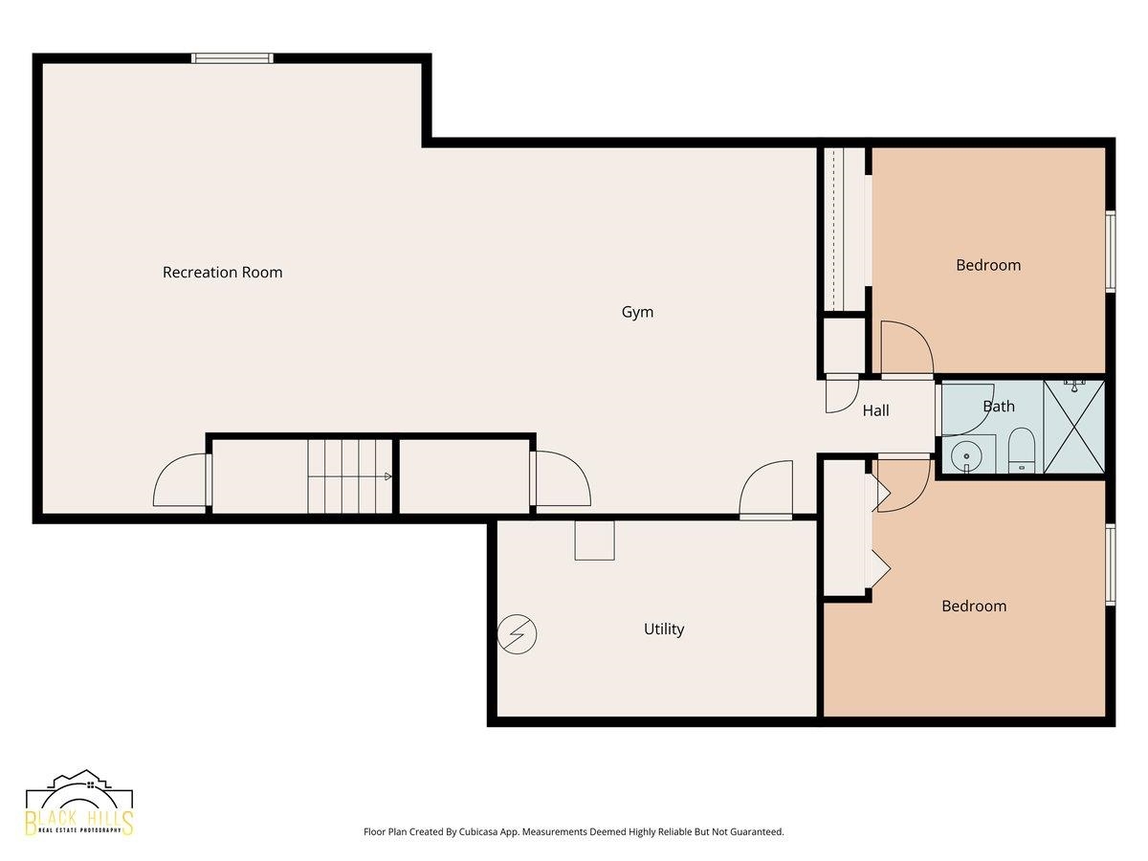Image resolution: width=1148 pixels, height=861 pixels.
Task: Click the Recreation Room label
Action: pos(222,273)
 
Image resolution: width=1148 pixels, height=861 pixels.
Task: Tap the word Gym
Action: pos(637,313)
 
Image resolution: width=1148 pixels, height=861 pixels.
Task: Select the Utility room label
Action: pos(664,629)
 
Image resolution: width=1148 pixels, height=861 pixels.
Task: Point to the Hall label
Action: pos(875,411)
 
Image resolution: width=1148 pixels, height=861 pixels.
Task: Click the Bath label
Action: pos(999,407)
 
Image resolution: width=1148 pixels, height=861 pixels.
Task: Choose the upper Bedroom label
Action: pos(988,265)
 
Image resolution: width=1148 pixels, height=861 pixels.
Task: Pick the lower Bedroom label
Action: pos(974,606)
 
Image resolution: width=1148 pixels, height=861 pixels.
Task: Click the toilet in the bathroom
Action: pos(1021,451)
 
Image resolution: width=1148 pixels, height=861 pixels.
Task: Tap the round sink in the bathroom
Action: pos(966,456)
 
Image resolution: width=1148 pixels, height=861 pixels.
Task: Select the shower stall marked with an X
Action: pos(1073,427)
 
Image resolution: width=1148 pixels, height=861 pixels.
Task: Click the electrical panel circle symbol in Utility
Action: pos(517,634)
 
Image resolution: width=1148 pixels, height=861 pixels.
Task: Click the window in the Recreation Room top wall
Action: pos(232,58)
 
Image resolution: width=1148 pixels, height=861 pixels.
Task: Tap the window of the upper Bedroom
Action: pos(1111,252)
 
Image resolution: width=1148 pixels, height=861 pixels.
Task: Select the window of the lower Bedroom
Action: pos(1111,565)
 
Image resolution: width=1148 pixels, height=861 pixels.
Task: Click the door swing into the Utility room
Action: pos(765,490)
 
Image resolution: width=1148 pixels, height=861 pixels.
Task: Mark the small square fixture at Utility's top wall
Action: pos(594,541)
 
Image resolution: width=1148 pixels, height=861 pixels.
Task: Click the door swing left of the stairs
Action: pos(182,479)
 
